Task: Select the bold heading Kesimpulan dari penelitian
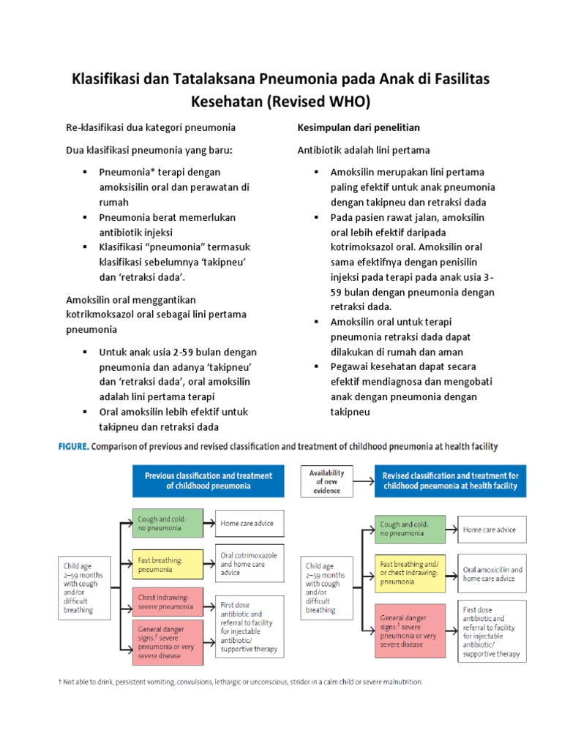coord(359,127)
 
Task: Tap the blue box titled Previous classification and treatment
coord(208,481)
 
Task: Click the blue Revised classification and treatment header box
coord(450,481)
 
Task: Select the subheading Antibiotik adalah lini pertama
coord(363,150)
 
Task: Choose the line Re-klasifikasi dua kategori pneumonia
coord(151,127)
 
